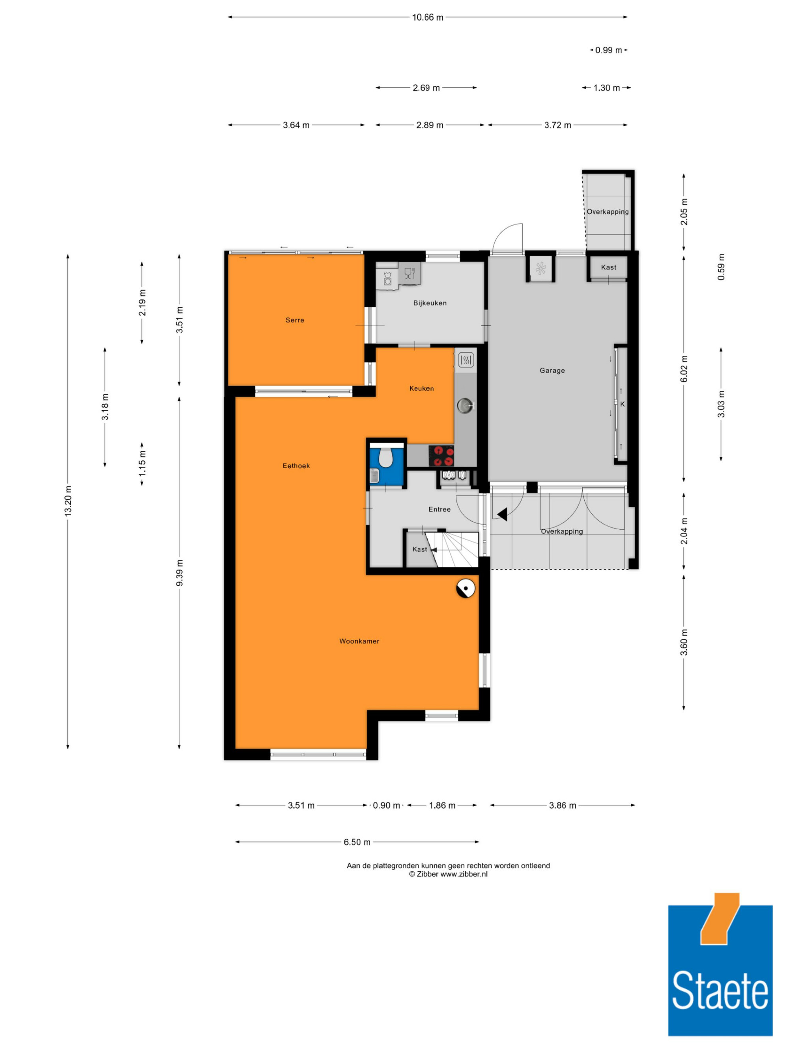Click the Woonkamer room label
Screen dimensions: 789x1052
point(359,641)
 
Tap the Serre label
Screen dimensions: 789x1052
point(295,320)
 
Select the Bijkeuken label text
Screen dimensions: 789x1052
point(430,303)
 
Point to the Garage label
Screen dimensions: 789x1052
point(552,370)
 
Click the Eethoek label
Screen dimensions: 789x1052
point(296,465)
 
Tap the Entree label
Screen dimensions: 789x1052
point(439,509)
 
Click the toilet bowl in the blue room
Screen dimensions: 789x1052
point(386,458)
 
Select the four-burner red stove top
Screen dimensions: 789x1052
point(441,456)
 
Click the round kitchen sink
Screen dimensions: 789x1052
point(465,405)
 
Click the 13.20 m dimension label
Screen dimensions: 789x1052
point(68,501)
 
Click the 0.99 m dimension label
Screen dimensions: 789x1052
point(609,50)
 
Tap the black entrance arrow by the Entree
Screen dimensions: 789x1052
point(502,514)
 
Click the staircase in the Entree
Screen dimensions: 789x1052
point(452,549)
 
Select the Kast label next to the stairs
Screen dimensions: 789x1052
point(419,549)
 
